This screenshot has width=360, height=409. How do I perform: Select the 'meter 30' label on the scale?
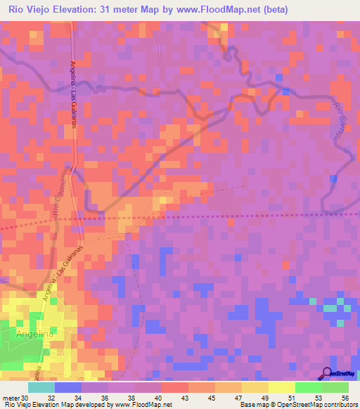(x=15, y=397)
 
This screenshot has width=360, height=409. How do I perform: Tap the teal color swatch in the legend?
(x=41, y=387)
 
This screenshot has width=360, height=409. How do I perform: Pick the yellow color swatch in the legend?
(x=281, y=387)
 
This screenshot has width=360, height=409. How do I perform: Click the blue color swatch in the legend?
(x=68, y=387)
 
